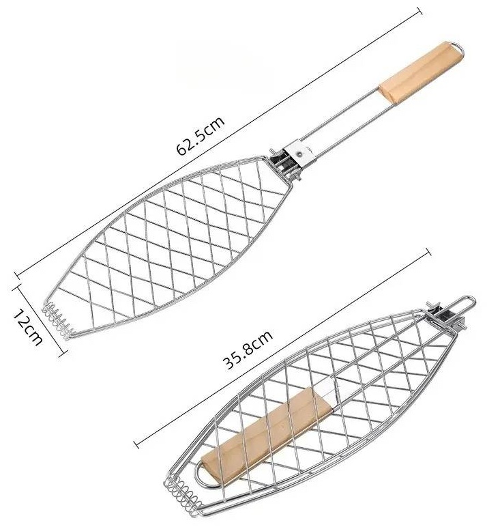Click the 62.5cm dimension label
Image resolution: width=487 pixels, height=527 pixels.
200,135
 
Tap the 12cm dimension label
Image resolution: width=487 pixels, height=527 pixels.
28,328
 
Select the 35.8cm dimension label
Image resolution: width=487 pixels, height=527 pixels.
248,350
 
